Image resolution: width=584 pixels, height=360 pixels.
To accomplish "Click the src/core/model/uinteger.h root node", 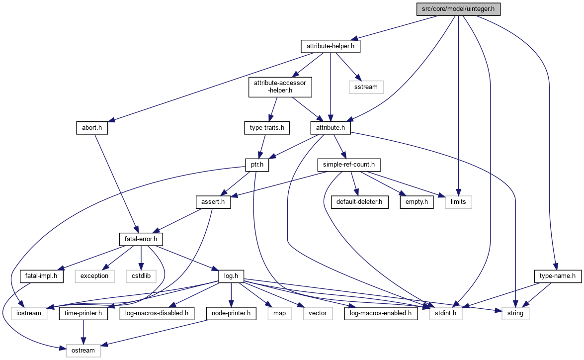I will click(458, 9).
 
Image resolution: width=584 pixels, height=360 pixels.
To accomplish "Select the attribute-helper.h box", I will click(330, 47).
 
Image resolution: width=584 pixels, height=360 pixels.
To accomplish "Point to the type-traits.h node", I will click(267, 128).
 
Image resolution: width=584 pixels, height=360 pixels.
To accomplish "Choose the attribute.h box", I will click(331, 128).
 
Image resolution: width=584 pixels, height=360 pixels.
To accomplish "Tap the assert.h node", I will click(213, 202).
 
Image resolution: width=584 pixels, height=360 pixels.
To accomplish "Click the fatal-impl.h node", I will click(41, 275).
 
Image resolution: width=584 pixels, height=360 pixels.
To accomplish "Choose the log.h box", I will click(230, 275).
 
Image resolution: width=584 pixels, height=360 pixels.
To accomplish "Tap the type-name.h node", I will click(558, 275).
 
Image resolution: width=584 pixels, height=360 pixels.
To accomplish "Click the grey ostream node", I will click(83, 350).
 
